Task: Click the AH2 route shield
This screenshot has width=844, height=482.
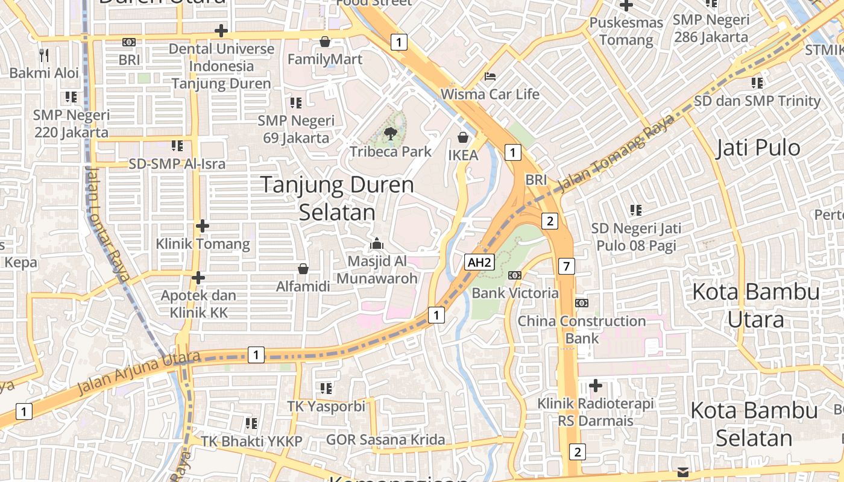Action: point(480,262)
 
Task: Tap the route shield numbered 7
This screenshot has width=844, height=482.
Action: point(566,266)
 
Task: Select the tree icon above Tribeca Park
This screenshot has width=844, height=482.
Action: point(391,133)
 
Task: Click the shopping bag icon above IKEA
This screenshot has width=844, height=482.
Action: point(463,137)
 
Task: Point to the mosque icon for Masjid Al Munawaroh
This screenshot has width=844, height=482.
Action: point(377,243)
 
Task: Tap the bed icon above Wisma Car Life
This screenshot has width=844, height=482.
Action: point(490,77)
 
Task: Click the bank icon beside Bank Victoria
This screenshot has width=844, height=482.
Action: point(514,275)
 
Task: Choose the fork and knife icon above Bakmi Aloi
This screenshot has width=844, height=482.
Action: point(43,55)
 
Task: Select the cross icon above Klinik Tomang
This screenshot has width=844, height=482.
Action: point(203,226)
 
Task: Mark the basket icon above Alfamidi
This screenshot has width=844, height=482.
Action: point(303,269)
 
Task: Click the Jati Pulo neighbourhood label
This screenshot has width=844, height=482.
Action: point(758,148)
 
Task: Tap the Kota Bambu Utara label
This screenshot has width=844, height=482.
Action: point(756,305)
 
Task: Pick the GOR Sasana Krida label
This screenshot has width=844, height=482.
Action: point(386,440)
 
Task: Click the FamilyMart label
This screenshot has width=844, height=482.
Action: point(325,59)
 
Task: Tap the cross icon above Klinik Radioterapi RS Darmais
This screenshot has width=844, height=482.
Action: point(596,385)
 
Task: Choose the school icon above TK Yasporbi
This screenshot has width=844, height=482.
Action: point(326,388)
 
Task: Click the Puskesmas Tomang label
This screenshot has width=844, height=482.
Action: point(626,31)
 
